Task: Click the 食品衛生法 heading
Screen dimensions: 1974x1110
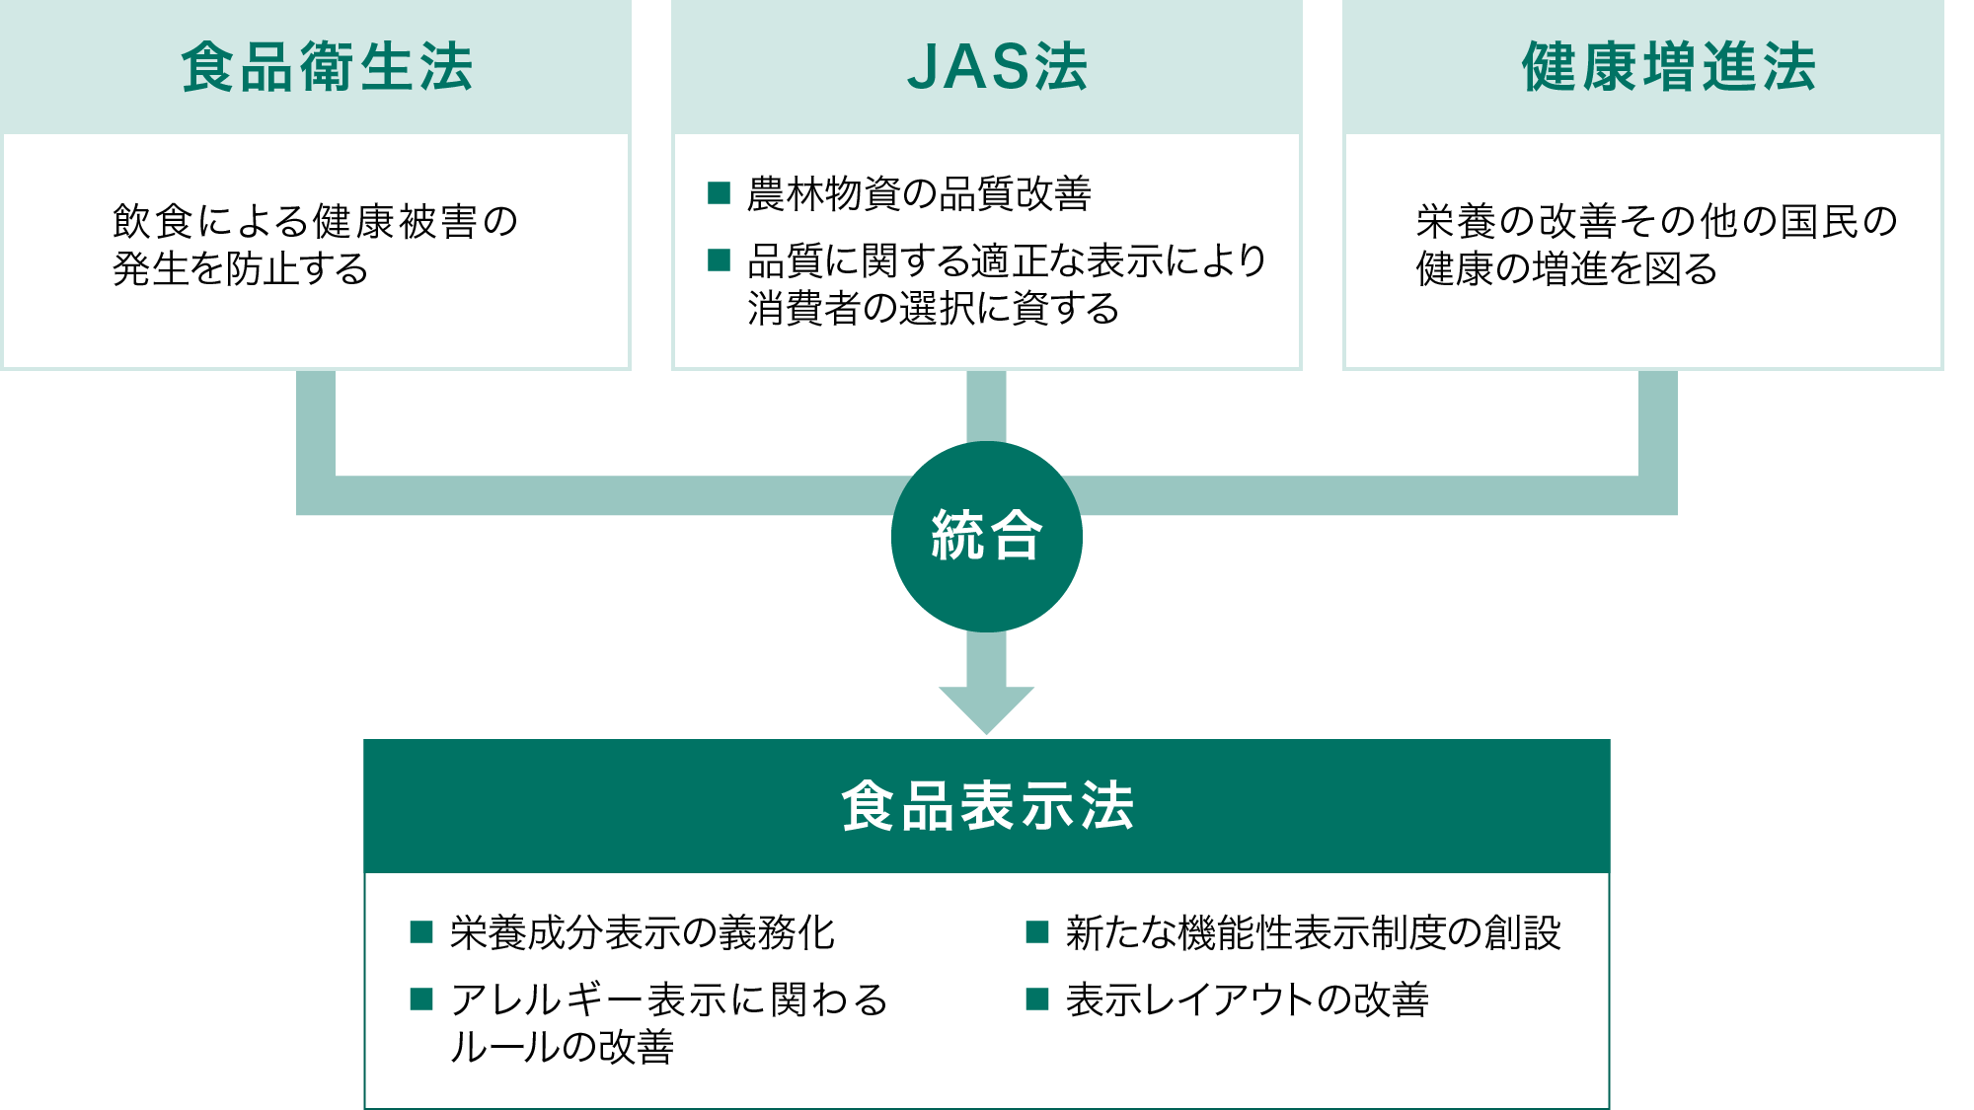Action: tap(327, 67)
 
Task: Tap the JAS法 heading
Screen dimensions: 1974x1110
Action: tap(997, 67)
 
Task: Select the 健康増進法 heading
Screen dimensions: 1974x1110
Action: tap(1668, 67)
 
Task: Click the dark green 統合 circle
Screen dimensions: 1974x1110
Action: tap(987, 537)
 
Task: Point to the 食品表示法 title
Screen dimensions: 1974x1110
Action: tap(987, 805)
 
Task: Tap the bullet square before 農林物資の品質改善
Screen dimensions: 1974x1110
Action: tap(719, 192)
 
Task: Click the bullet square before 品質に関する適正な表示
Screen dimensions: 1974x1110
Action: tap(719, 259)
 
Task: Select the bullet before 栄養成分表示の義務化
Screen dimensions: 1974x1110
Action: tap(421, 931)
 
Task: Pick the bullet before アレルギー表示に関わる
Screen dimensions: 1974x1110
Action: tap(421, 999)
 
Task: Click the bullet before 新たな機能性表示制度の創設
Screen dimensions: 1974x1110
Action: tap(1037, 931)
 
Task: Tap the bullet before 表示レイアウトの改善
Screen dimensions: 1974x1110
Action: tap(1037, 999)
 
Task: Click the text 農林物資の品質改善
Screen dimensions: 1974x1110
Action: tap(919, 193)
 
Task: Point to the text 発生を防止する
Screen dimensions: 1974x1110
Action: tap(241, 268)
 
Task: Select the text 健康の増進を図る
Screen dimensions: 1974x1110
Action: tap(1566, 268)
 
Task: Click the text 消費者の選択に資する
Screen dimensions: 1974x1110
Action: tap(933, 308)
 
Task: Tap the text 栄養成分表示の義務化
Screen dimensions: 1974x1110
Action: tap(643, 932)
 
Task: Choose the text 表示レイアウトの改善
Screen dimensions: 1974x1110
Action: tap(1248, 999)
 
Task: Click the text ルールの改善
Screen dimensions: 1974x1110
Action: tap(562, 1047)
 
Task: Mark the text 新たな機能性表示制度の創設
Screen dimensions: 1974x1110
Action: tap(1314, 932)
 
